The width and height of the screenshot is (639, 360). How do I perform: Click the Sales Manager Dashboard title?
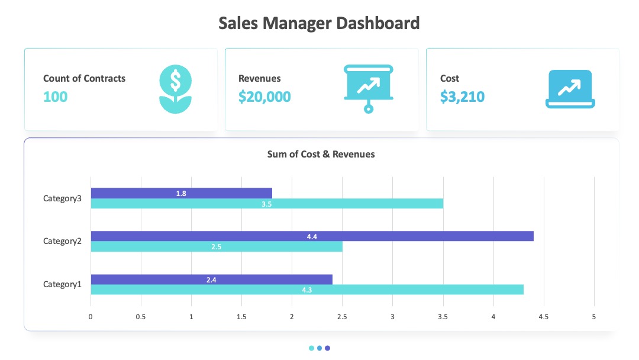(x=319, y=23)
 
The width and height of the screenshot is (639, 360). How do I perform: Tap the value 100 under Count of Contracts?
(x=56, y=97)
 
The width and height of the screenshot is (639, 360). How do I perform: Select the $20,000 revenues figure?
(x=264, y=97)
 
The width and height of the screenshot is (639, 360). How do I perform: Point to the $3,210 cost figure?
(x=462, y=97)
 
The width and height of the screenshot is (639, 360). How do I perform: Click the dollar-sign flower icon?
(x=175, y=89)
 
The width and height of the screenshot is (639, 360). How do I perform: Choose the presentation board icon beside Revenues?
(x=369, y=88)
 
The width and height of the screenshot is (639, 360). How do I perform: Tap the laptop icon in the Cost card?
(x=570, y=89)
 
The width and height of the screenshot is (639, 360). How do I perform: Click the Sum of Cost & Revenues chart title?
(x=321, y=154)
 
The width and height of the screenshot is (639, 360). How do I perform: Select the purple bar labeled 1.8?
(x=182, y=193)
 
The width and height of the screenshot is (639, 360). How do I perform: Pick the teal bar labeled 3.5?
(x=267, y=204)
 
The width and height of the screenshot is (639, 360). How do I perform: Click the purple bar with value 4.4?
(x=312, y=236)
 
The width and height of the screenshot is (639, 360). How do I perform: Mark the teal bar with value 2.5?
(x=217, y=246)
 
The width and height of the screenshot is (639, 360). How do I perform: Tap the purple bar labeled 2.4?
(x=211, y=279)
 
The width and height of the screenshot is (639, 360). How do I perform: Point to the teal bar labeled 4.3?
(x=307, y=290)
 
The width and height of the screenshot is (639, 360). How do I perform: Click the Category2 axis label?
(x=62, y=241)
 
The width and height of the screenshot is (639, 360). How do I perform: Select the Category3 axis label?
(x=62, y=198)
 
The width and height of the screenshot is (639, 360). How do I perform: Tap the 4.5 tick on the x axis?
(x=544, y=317)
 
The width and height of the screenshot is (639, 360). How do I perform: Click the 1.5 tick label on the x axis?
(x=241, y=317)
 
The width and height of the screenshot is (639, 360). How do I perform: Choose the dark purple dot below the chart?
(x=327, y=348)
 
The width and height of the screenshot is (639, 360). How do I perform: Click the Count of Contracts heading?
(x=85, y=78)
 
